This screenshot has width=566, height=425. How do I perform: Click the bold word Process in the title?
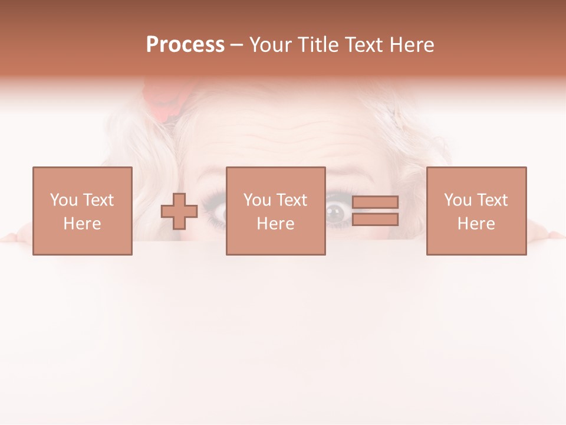[185, 45]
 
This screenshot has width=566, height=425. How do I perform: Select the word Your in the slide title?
[272, 45]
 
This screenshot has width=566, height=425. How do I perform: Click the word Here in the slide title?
[412, 45]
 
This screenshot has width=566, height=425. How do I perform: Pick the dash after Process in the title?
[236, 45]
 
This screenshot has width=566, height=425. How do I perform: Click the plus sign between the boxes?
[179, 211]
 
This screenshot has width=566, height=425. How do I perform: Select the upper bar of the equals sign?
[375, 202]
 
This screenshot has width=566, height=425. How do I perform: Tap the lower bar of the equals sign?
[375, 220]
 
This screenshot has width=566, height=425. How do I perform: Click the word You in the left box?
[64, 200]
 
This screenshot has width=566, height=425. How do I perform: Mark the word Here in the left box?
[82, 224]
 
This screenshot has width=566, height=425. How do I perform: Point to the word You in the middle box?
[257, 200]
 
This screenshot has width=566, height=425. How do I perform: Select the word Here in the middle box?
[275, 224]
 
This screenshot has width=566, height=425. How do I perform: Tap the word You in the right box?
[458, 200]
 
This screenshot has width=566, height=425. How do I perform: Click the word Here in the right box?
[476, 224]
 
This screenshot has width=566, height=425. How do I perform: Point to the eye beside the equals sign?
[338, 211]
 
